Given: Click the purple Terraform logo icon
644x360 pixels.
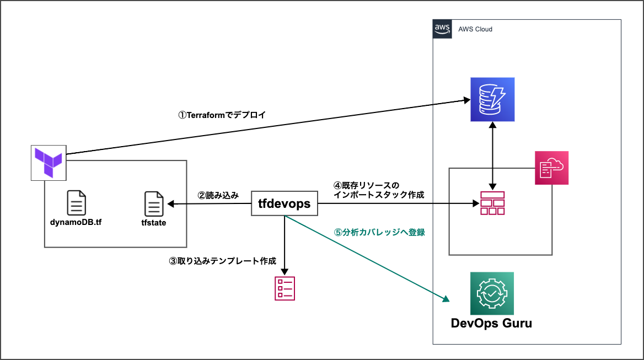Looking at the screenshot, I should pyautogui.click(x=48, y=162).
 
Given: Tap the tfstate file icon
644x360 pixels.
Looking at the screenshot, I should pyautogui.click(x=153, y=204).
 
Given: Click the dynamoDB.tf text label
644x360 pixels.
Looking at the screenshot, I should pyautogui.click(x=76, y=223).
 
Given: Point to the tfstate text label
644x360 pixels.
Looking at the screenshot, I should pyautogui.click(x=153, y=223).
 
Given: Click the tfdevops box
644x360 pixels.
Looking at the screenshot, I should pyautogui.click(x=284, y=204).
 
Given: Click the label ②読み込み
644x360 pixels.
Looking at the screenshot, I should pyautogui.click(x=218, y=195).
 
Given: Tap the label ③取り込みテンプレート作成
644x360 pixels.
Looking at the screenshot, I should pyautogui.click(x=222, y=261).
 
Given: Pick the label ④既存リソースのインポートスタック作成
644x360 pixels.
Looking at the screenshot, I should pyautogui.click(x=374, y=190).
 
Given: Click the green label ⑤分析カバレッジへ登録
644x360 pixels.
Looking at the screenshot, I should pyautogui.click(x=379, y=232).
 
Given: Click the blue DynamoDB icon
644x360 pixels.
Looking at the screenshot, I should pyautogui.click(x=492, y=99).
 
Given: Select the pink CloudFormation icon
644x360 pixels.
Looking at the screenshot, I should pyautogui.click(x=551, y=168).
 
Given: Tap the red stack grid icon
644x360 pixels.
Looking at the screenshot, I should pyautogui.click(x=492, y=203).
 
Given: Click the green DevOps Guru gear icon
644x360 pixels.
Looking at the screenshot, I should pyautogui.click(x=491, y=293).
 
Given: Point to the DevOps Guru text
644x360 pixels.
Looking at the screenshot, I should pyautogui.click(x=491, y=323).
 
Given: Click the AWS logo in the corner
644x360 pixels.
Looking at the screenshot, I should pyautogui.click(x=442, y=28).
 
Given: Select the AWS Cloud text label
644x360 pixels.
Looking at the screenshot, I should pyautogui.click(x=475, y=29).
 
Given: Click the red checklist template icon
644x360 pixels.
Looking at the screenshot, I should pyautogui.click(x=285, y=288).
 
